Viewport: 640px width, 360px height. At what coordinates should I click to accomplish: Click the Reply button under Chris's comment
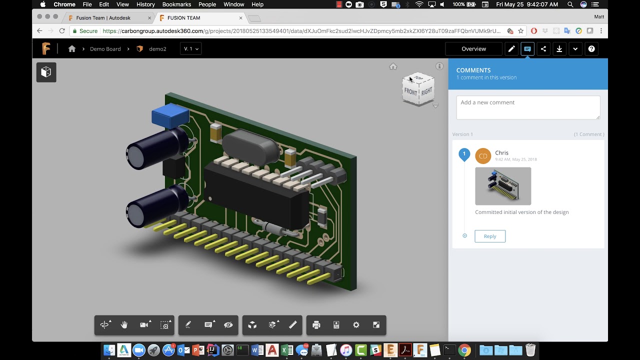[490, 236]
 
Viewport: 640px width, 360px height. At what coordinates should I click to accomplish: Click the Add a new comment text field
[528, 107]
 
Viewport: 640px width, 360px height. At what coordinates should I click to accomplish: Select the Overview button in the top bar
[473, 49]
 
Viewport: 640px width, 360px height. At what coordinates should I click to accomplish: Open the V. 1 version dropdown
[191, 49]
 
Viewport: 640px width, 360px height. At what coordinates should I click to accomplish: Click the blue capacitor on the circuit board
[170, 116]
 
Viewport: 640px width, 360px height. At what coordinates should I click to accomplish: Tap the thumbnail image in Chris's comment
[503, 186]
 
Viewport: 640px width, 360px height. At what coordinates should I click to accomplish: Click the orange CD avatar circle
[483, 156]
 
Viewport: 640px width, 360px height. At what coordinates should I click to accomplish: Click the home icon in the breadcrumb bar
[72, 49]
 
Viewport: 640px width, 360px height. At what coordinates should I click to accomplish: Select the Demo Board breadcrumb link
[105, 49]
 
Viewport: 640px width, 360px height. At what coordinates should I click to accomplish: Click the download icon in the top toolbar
[559, 49]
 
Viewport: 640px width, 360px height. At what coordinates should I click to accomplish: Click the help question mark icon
[591, 49]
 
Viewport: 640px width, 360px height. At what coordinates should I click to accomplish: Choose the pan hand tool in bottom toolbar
[124, 325]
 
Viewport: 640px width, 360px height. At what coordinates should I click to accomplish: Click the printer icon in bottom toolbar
[316, 325]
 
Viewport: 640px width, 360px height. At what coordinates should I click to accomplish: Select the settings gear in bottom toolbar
[356, 325]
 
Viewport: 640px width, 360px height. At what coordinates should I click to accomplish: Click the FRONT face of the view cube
[410, 92]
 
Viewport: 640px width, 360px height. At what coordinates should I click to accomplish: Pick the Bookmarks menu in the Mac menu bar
[176, 4]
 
